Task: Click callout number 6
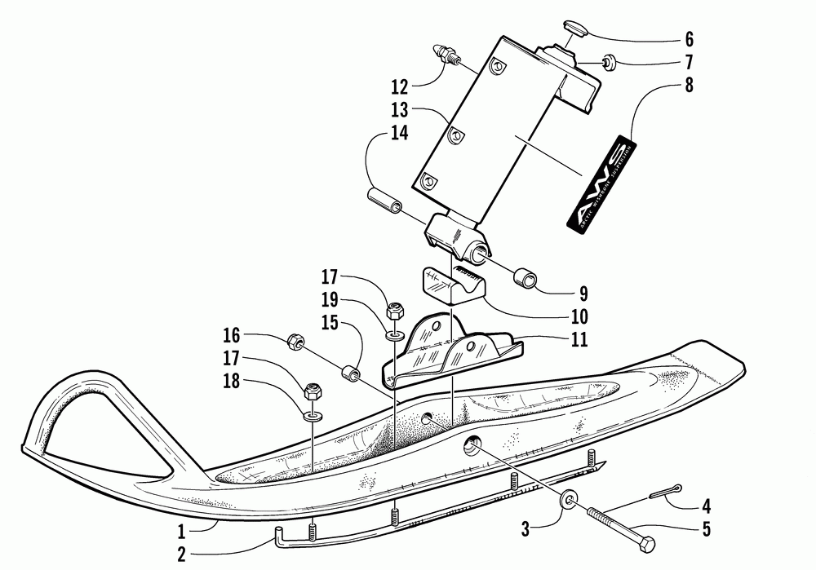(689, 38)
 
